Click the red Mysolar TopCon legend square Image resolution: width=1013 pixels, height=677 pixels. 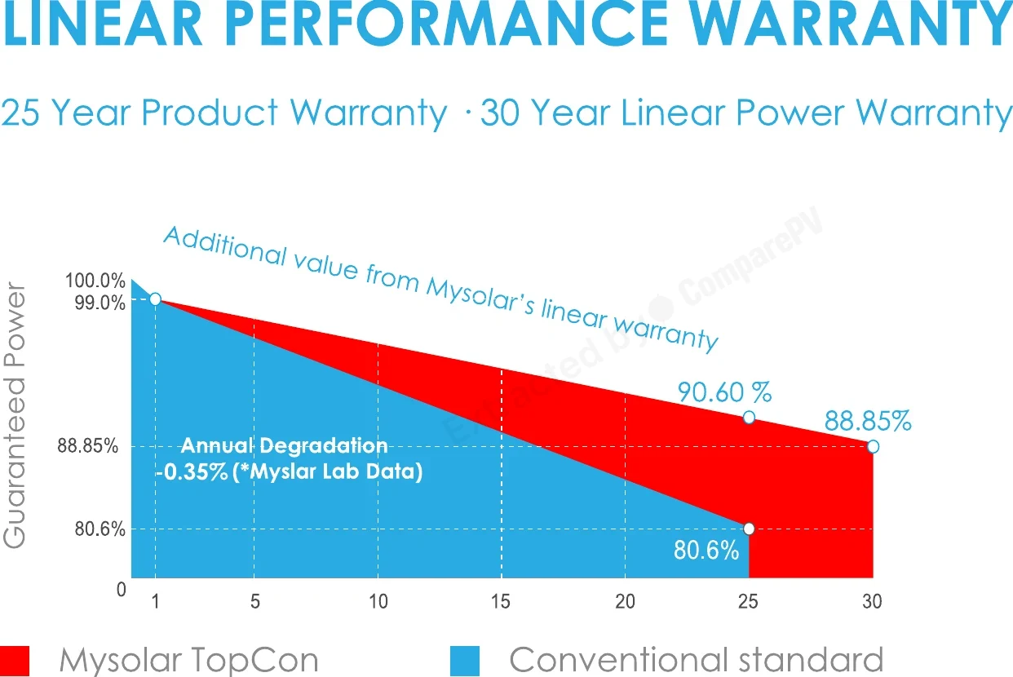pyautogui.click(x=15, y=661)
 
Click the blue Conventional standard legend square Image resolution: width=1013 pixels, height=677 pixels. pyautogui.click(x=465, y=661)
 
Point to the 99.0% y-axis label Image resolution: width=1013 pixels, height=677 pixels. pyautogui.click(x=100, y=303)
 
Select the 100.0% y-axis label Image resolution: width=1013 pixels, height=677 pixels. pyautogui.click(x=95, y=281)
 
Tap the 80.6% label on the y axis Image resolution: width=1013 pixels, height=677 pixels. pyautogui.click(x=100, y=529)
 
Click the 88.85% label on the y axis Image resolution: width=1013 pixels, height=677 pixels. pyautogui.click(x=88, y=446)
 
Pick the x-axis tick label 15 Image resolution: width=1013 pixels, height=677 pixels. pyautogui.click(x=501, y=601)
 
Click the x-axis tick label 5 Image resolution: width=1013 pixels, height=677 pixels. pyautogui.click(x=255, y=601)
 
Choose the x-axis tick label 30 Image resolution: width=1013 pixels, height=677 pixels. pyautogui.click(x=872, y=601)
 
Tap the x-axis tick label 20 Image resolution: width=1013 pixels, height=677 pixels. pyautogui.click(x=625, y=601)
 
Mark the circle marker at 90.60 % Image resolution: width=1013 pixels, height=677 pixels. pyautogui.click(x=749, y=417)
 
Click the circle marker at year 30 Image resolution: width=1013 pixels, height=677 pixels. pyautogui.click(x=873, y=447)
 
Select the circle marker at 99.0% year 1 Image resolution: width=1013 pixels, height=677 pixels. pyautogui.click(x=155, y=299)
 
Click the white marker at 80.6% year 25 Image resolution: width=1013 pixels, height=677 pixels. pyautogui.click(x=749, y=529)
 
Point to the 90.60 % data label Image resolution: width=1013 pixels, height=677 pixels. pyautogui.click(x=724, y=392)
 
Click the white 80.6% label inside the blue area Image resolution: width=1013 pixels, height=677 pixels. pyautogui.click(x=706, y=551)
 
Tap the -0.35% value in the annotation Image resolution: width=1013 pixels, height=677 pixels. pyautogui.click(x=192, y=471)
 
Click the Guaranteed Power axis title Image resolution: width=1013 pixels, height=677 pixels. pyautogui.click(x=14, y=415)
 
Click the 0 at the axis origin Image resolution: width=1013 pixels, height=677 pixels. pyautogui.click(x=122, y=589)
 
